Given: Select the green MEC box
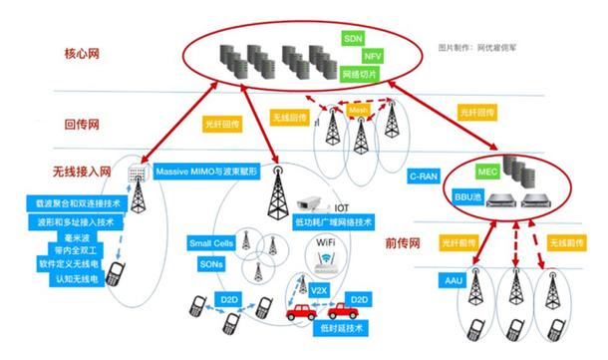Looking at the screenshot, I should tap(487, 172).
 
